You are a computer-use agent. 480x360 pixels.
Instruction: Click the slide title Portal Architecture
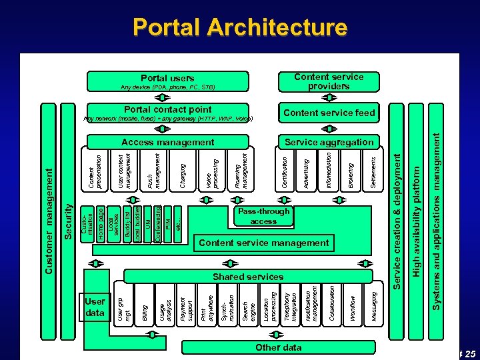[239, 27]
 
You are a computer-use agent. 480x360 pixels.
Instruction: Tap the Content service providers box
[329, 81]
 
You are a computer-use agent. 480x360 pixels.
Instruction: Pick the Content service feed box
[329, 113]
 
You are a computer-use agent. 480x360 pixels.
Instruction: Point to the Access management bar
[168, 142]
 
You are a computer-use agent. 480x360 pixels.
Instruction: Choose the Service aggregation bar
[329, 142]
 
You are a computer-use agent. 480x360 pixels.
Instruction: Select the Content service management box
[263, 243]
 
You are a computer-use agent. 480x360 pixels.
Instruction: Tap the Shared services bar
[247, 276]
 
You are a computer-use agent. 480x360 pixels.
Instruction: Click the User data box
[95, 307]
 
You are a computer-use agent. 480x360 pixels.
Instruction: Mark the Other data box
[278, 347]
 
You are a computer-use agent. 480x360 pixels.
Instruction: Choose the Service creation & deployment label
[396, 220]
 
